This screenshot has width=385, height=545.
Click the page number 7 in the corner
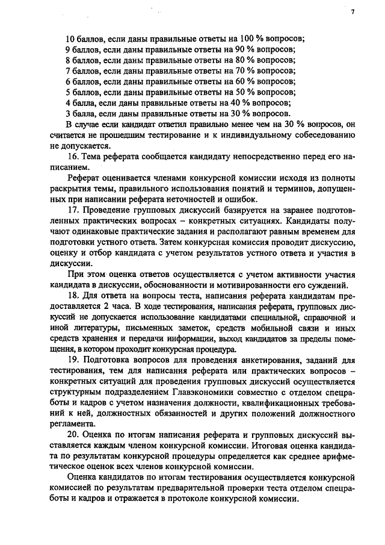click(x=353, y=11)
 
